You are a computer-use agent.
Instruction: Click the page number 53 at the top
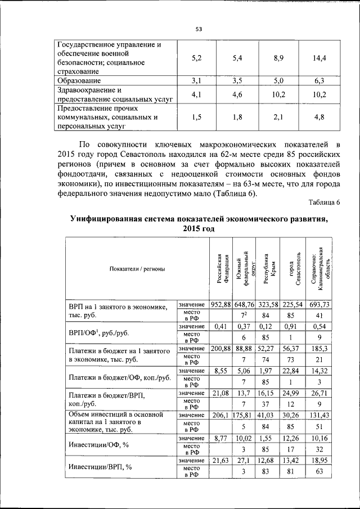199,29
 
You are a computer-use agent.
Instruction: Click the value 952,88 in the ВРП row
221,304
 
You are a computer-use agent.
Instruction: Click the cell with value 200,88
221,349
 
